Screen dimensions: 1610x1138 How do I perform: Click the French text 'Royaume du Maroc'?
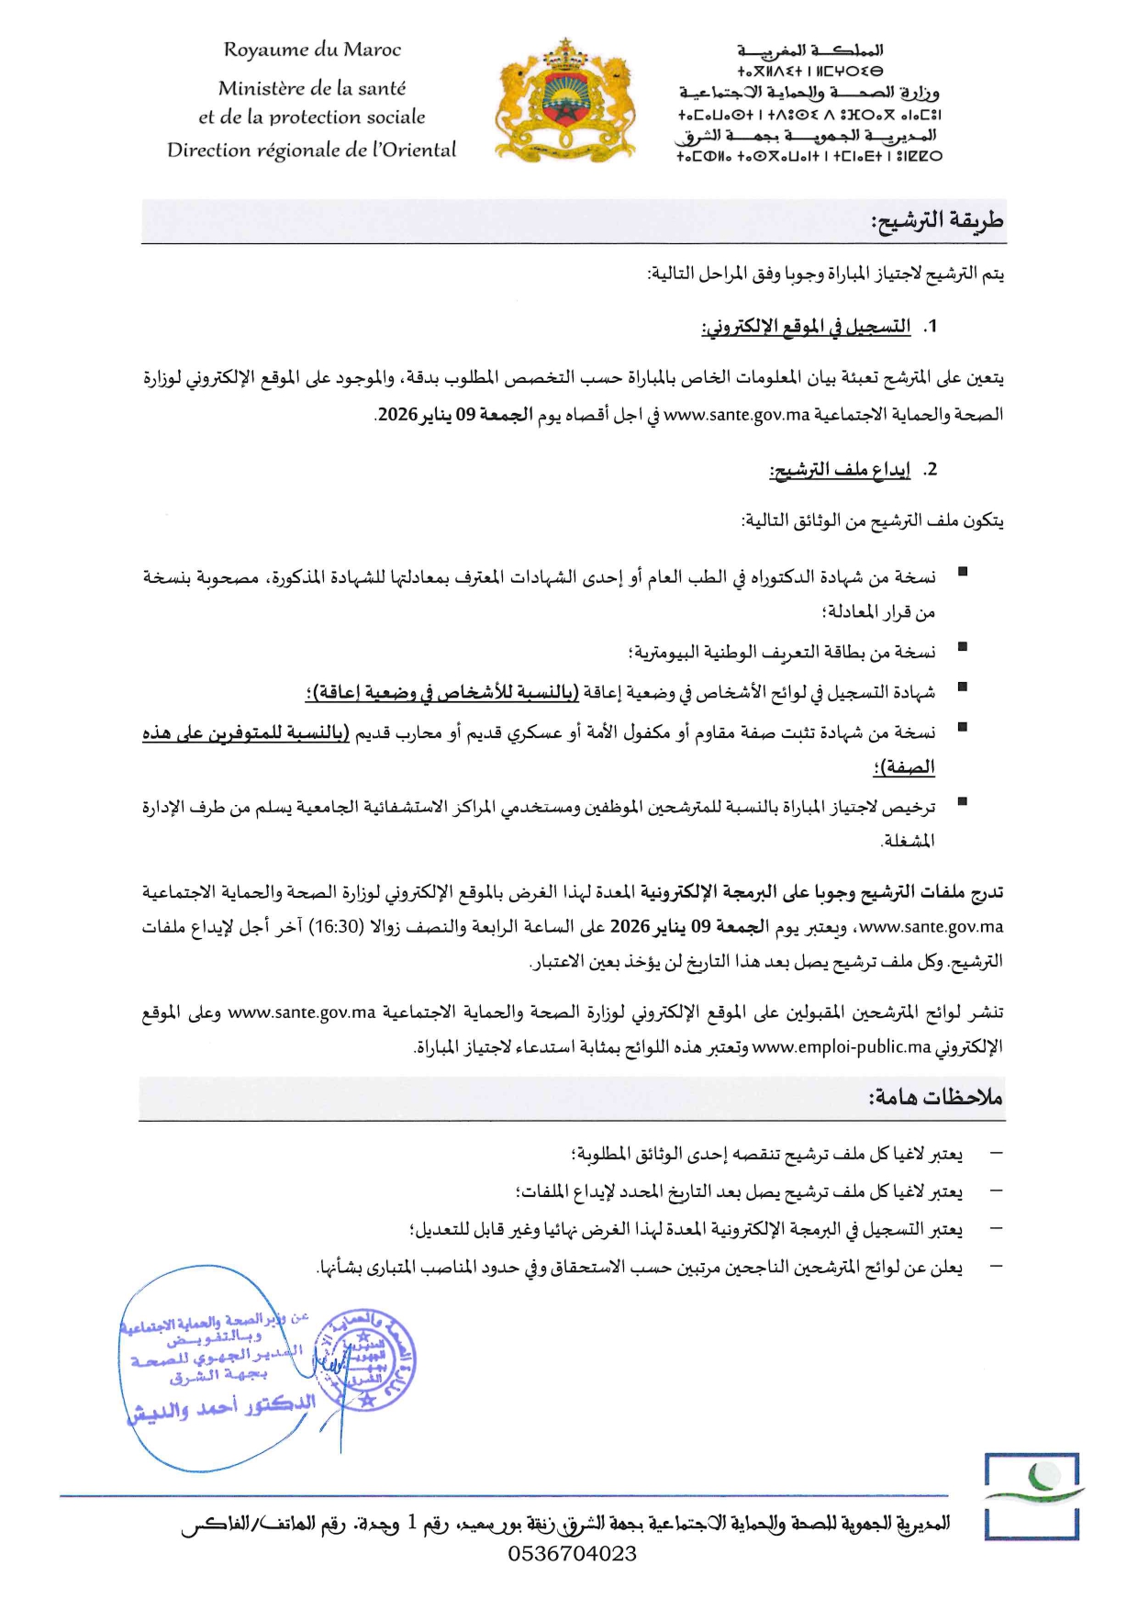(x=312, y=50)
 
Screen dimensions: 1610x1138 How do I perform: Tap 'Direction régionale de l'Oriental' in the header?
(x=311, y=150)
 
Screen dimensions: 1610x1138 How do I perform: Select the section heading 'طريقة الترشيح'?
(x=937, y=221)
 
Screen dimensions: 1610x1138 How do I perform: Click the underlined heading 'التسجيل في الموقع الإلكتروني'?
(x=806, y=327)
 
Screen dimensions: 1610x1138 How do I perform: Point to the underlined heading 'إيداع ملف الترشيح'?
(x=840, y=470)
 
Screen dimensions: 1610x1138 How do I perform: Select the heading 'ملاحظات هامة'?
(x=935, y=1097)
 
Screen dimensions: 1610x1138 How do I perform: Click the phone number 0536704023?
(x=573, y=1553)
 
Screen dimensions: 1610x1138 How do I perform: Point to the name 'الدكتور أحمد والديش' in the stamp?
(x=221, y=1406)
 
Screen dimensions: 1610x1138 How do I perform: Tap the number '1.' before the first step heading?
(x=931, y=327)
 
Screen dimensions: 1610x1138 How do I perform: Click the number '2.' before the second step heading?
(x=931, y=470)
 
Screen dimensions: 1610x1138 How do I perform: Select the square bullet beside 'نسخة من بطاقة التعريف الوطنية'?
(x=962, y=647)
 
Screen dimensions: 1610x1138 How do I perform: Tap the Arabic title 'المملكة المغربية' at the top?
(x=809, y=50)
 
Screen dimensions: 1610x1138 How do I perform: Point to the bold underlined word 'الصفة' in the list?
(x=906, y=767)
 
